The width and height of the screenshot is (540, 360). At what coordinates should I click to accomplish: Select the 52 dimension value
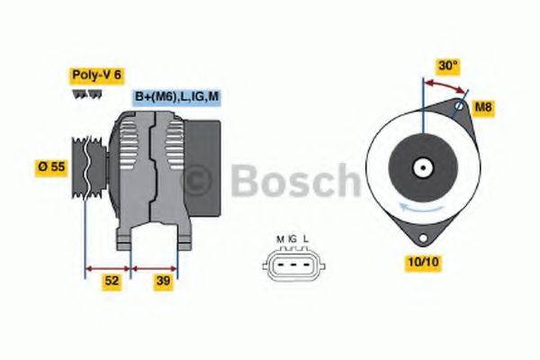tap(112, 281)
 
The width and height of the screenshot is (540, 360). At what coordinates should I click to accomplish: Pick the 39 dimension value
tap(162, 281)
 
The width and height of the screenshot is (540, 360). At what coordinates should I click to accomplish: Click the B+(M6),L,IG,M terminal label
tap(176, 97)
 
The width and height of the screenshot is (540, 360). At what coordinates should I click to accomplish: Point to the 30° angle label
tap(447, 66)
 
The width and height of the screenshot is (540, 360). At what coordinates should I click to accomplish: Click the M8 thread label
tap(483, 108)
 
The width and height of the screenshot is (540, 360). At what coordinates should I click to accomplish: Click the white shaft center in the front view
tap(422, 167)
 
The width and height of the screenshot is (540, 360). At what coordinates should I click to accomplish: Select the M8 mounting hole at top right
tap(458, 108)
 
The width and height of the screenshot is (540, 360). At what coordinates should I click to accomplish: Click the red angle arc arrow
tap(446, 84)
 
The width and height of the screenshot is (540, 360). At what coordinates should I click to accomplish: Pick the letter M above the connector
tap(280, 239)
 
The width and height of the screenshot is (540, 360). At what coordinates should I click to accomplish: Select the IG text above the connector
tap(292, 239)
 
